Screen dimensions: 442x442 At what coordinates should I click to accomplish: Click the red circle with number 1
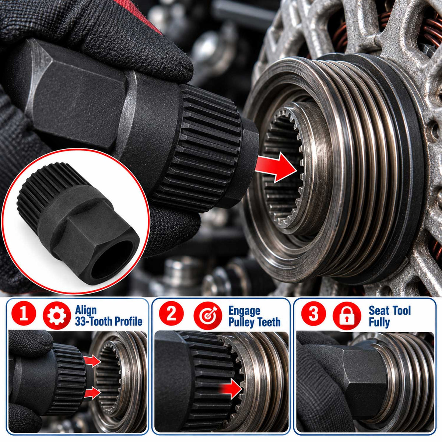(x=24, y=314)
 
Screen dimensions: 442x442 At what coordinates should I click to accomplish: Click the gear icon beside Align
(x=57, y=316)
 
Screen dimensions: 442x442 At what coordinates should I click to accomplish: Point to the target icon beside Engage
(x=208, y=316)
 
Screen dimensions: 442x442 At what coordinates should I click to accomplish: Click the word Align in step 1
(x=86, y=311)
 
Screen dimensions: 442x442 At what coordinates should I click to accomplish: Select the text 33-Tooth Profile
(x=109, y=321)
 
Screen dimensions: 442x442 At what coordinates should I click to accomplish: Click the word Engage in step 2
(x=244, y=311)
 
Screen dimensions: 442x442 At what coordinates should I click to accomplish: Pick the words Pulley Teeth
(x=255, y=322)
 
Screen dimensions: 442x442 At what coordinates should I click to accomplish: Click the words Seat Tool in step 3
(x=390, y=311)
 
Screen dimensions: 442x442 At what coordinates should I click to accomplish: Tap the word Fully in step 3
(x=379, y=322)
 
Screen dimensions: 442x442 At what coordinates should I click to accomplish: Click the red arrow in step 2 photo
(x=232, y=389)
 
